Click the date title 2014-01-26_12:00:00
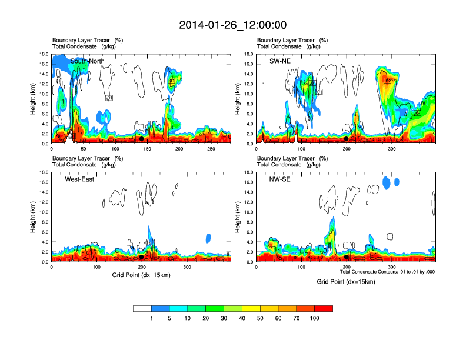point(233,25)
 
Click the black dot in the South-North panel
point(141,139)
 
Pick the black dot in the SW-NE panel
point(347,139)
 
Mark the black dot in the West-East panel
point(141,257)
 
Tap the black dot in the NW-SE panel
point(347,257)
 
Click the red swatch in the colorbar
point(324,308)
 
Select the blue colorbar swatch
point(160,308)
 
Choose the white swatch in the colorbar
point(142,308)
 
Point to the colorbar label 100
point(315,318)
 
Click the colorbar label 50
point(260,318)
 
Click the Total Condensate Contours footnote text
point(387,272)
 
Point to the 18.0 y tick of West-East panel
point(43,172)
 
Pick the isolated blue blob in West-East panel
point(208,238)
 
